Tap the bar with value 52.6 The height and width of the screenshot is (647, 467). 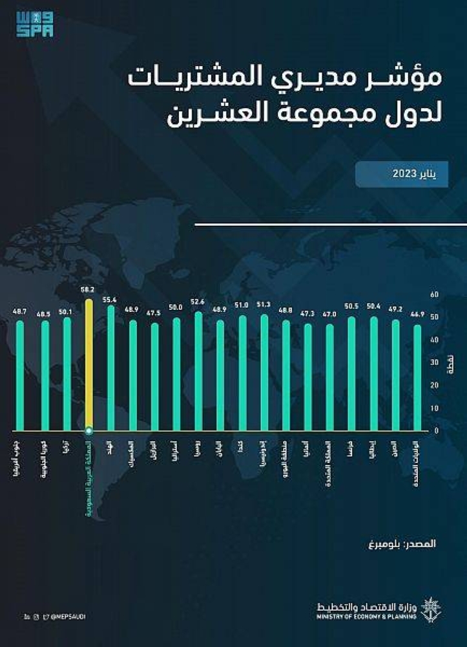198,371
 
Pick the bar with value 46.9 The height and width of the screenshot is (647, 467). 417,378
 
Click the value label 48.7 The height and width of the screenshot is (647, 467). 20,311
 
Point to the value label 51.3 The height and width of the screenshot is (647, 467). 264,305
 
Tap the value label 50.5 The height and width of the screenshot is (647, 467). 352,308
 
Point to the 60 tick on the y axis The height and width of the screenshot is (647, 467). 435,294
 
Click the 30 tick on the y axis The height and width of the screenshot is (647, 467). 435,362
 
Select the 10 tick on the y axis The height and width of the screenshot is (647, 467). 435,408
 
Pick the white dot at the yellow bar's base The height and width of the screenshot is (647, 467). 89,430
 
